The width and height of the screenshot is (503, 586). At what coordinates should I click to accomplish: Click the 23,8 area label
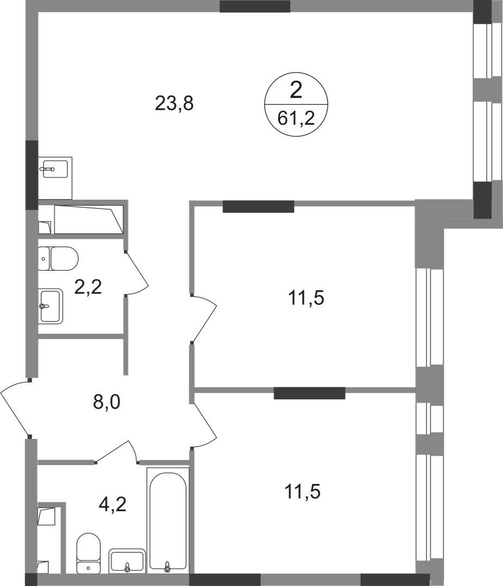click(x=174, y=104)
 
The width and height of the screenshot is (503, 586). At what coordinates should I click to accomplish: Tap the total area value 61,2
click(x=296, y=119)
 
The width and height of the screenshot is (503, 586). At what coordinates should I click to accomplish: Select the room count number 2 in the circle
click(x=296, y=91)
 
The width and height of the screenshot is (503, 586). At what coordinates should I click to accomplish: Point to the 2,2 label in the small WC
click(x=88, y=287)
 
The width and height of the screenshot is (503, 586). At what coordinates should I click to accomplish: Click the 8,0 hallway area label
click(x=106, y=402)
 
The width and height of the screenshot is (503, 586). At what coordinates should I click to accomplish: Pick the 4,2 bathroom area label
click(x=112, y=504)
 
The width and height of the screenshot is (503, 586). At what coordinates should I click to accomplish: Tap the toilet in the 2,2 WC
click(x=58, y=258)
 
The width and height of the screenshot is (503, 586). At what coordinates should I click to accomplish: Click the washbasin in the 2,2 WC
click(x=50, y=306)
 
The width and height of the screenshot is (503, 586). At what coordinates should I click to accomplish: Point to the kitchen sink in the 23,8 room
click(x=55, y=178)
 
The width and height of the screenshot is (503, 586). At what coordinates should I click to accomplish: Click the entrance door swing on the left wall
click(x=15, y=408)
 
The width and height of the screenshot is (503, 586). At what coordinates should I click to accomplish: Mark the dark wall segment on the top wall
click(x=255, y=7)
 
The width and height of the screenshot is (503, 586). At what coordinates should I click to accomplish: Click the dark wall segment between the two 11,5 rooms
click(x=309, y=393)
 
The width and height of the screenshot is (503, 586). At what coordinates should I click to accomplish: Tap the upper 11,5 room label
click(x=306, y=298)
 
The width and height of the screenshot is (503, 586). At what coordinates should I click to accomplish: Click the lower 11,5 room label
click(x=303, y=491)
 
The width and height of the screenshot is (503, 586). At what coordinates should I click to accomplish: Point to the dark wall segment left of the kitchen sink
click(x=32, y=175)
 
